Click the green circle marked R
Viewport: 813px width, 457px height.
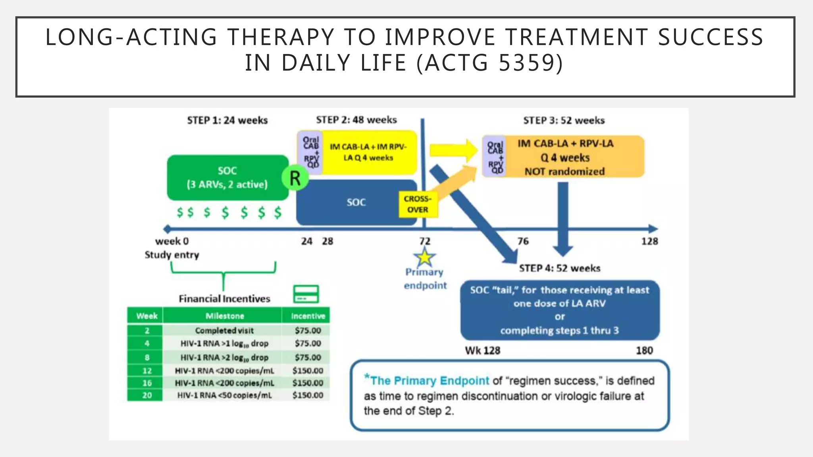point(295,178)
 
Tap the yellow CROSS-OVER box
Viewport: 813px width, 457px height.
point(418,204)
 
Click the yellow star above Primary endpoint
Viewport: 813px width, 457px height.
point(425,257)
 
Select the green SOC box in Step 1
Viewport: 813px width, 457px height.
point(227,177)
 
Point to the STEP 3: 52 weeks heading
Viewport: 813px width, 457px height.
point(564,120)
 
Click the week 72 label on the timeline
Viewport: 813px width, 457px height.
point(425,241)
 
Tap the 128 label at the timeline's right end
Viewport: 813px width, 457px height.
point(649,241)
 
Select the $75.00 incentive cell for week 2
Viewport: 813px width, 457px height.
point(308,330)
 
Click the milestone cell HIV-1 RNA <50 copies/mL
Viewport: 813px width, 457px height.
point(224,395)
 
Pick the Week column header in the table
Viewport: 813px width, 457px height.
point(146,316)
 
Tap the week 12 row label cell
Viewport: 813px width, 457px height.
point(146,371)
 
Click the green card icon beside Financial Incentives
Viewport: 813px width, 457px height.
point(306,294)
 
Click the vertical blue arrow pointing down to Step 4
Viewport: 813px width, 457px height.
point(563,218)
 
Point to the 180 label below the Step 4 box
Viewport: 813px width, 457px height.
point(644,350)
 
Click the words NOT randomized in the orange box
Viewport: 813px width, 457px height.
point(564,171)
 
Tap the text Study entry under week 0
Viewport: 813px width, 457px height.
point(171,255)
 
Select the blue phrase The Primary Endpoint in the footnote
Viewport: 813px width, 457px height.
point(429,380)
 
